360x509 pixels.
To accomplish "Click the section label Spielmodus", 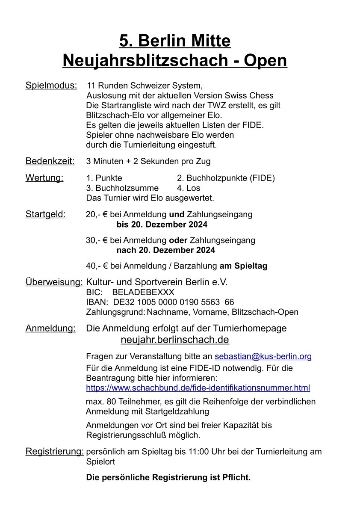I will pos(51,85).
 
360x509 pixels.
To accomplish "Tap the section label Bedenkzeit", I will pos(50,161).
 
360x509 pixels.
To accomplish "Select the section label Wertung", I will pos(44,178).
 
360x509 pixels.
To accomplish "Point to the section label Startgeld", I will pos(46,214).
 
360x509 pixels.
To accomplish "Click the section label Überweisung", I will pos(54,282).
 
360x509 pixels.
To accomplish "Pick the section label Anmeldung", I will pos(51,328).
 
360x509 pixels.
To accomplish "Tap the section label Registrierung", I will pos(55,451).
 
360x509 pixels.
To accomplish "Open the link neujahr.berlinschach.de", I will pos(175,340).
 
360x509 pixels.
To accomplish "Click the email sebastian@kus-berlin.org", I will pos(263,356).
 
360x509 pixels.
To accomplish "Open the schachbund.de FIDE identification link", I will pos(198,388).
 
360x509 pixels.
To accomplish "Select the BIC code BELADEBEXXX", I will pos(143,292).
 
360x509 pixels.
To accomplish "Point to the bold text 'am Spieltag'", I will pos(243,266).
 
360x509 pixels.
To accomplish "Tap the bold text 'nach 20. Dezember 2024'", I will pos(165,250).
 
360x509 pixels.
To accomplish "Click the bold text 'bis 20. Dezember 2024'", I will pos(162,224).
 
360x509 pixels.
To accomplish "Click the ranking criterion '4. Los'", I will pos(188,188).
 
